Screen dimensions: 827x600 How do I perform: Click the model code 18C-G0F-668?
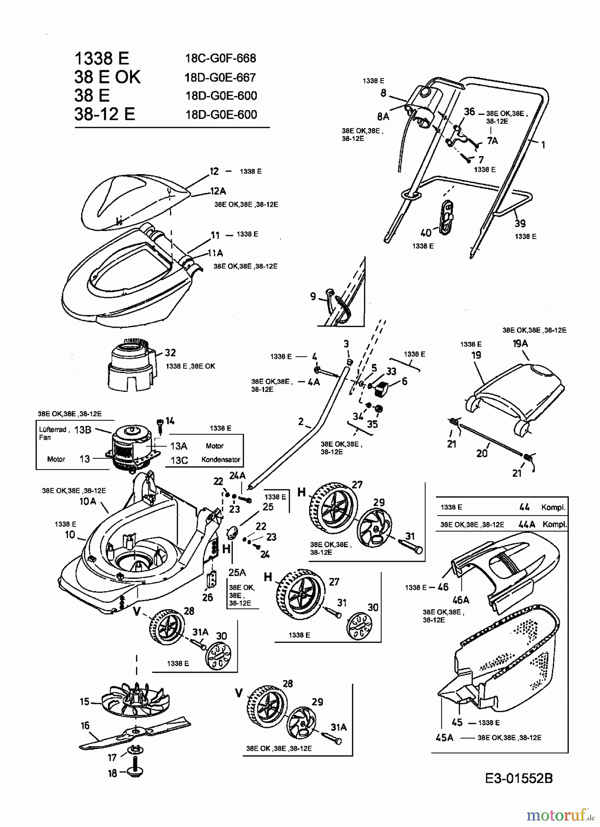coord(221,58)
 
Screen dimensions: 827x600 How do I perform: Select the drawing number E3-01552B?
coord(519,778)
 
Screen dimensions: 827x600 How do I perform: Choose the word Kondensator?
coord(221,459)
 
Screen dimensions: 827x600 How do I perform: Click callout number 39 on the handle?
coord(520,223)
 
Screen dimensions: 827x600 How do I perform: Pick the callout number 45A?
coord(444,737)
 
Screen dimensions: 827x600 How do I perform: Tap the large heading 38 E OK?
coord(108,77)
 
